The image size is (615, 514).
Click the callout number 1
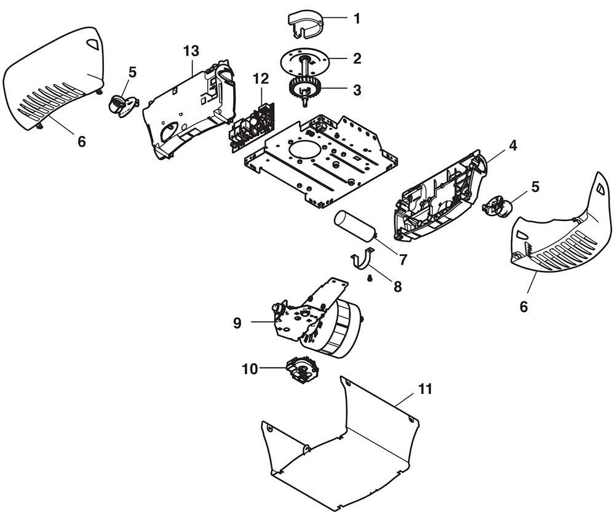357,18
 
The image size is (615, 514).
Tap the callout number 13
191,51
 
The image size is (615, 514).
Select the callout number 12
261,79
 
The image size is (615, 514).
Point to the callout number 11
425,389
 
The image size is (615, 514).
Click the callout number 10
250,369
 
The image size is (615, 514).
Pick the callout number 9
237,323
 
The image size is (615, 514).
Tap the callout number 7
403,259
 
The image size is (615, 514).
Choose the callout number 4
513,146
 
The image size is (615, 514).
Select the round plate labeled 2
304,59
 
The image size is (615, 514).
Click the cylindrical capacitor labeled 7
354,225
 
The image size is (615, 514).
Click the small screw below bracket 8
369,278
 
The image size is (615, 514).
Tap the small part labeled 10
303,370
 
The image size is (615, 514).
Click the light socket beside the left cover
124,105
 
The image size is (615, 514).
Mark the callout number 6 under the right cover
524,307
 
